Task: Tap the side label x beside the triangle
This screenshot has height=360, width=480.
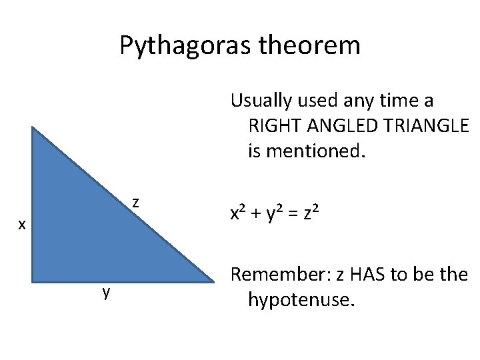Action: coord(21,225)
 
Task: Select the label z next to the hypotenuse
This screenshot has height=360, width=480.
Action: coord(135,201)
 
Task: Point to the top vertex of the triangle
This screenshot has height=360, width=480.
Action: coord(31,127)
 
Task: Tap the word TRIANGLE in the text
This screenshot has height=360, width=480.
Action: coord(420,126)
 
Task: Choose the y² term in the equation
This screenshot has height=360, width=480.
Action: coord(273,214)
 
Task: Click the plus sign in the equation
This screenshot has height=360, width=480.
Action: coord(255,215)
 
